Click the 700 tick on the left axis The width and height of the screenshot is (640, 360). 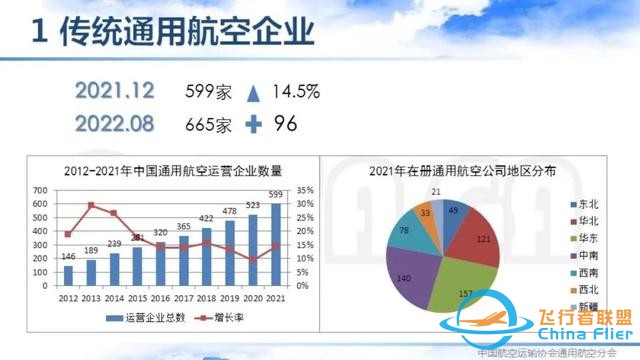point(40,189)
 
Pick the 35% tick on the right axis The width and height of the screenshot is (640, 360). point(306,189)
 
